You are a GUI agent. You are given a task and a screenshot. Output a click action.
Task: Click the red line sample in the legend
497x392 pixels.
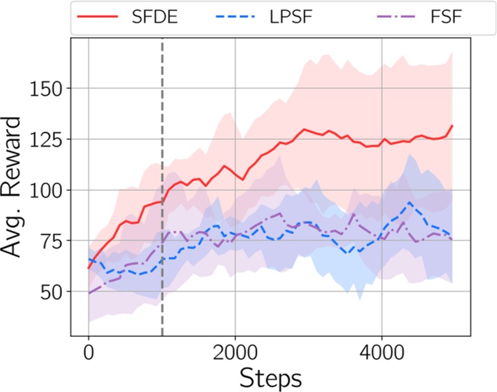[101, 17]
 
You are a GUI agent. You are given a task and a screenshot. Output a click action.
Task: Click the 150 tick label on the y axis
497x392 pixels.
[42, 88]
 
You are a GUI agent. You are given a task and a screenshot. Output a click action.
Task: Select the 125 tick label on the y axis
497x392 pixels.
[42, 139]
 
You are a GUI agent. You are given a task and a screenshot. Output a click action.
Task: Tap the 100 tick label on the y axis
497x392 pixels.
[42, 190]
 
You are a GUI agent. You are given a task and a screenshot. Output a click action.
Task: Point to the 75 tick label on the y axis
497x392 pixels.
[49, 241]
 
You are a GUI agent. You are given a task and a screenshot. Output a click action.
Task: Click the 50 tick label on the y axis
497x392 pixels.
[49, 292]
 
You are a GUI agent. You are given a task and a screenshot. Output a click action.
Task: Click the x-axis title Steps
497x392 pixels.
[271, 378]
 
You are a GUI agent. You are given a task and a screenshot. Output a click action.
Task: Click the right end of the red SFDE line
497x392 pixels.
[452, 126]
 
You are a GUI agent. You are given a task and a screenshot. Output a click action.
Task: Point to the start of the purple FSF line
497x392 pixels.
[89, 293]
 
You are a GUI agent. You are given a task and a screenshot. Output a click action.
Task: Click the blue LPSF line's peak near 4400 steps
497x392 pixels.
[410, 203]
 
